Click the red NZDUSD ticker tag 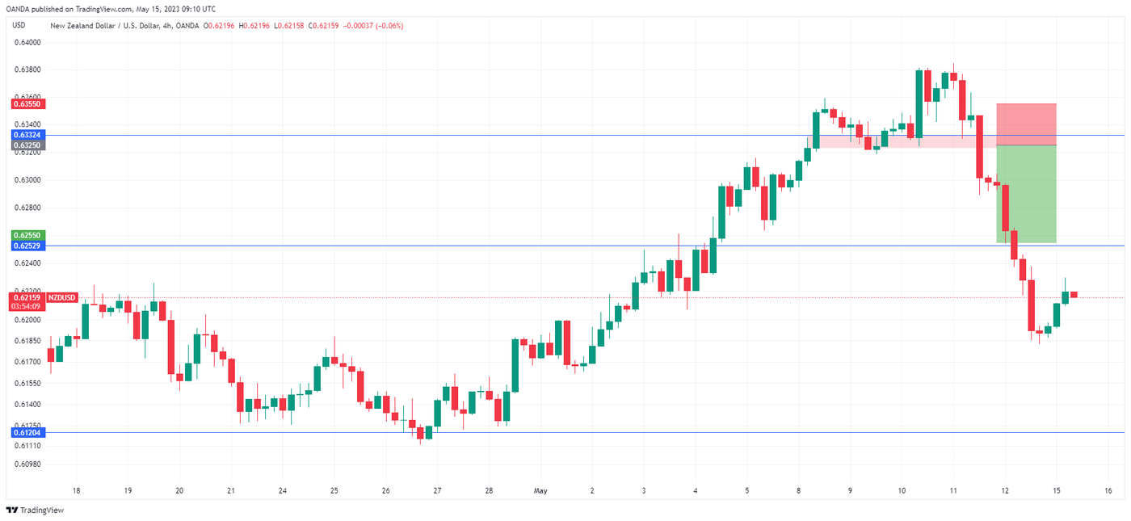click(x=62, y=298)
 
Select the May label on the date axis click(x=540, y=490)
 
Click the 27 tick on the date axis click(x=437, y=490)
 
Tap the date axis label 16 click(x=1108, y=490)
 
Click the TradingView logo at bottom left click(x=35, y=510)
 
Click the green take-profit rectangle click(x=1026, y=194)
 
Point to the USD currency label click(x=19, y=26)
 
